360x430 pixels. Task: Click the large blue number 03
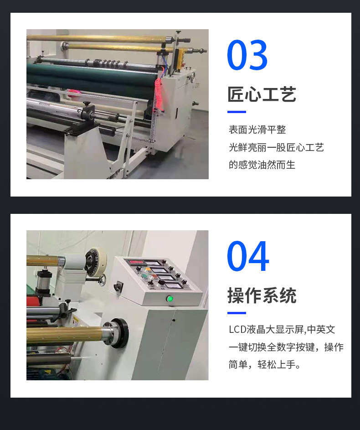click(x=247, y=55)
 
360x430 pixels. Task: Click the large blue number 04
click(x=248, y=256)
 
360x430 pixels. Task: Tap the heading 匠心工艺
click(x=262, y=94)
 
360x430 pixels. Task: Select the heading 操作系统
click(x=262, y=295)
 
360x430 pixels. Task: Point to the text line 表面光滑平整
click(x=257, y=130)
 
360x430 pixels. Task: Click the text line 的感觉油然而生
click(x=262, y=165)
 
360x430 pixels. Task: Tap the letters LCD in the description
click(x=237, y=329)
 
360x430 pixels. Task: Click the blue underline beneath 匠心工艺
click(x=237, y=112)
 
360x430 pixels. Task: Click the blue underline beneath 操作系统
click(x=237, y=313)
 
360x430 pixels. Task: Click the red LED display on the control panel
click(x=136, y=262)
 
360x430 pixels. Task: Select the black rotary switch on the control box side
click(x=118, y=287)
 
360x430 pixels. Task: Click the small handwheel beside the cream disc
click(x=102, y=280)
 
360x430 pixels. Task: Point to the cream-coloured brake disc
click(x=96, y=262)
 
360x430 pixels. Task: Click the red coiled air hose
click(x=159, y=94)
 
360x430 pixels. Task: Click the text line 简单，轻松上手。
click(x=265, y=364)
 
